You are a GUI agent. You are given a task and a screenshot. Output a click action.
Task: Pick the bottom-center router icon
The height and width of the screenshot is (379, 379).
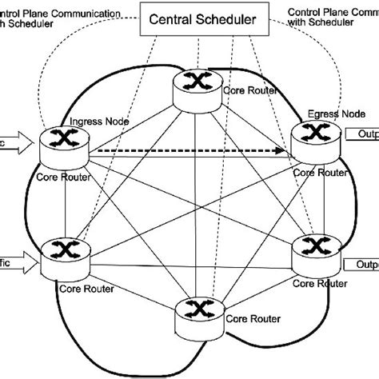(x=194, y=309)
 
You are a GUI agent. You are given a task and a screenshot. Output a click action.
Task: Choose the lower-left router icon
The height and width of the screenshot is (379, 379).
(x=61, y=248)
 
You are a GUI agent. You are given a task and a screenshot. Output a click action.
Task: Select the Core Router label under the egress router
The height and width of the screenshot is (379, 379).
(x=317, y=171)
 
